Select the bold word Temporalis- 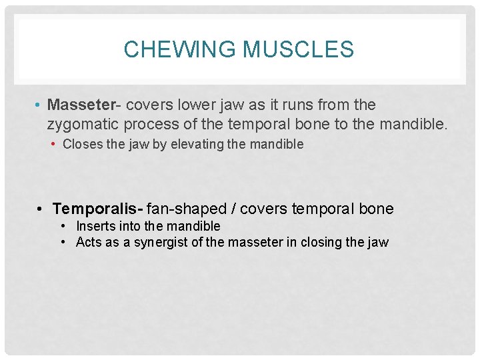coord(97,209)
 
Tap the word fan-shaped coord(187,209)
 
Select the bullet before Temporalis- coord(41,209)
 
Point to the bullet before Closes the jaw coord(55,144)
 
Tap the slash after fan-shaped coord(233,209)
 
